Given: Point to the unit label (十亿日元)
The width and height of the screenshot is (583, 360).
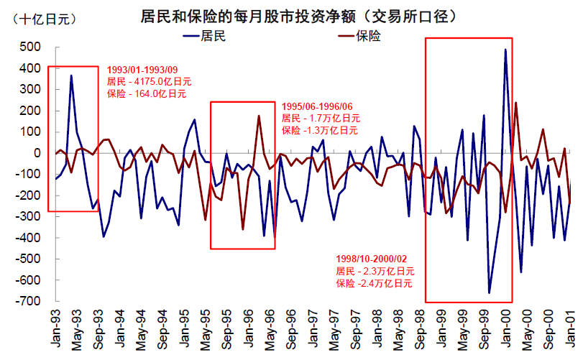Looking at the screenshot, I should (x=41, y=19).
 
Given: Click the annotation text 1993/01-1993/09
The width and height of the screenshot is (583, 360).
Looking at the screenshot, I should (x=141, y=70).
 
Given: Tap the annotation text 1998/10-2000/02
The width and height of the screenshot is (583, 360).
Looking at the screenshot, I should (x=372, y=259).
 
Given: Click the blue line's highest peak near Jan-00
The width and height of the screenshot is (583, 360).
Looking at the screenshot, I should (x=505, y=50).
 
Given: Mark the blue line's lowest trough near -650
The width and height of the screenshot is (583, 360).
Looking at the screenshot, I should (x=490, y=292).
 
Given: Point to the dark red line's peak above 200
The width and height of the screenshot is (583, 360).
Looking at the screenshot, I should (x=515, y=103).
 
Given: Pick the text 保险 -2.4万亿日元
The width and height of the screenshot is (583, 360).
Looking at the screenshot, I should (x=374, y=283).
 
